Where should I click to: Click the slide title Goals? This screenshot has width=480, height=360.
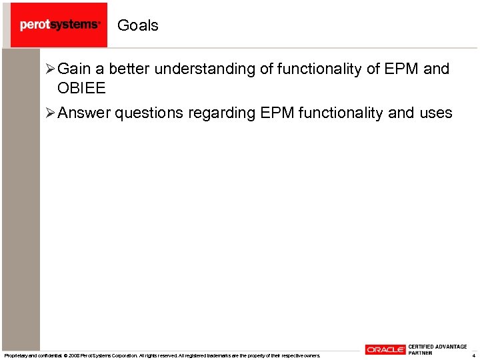pyautogui.click(x=138, y=25)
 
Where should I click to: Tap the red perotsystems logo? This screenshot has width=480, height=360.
pyautogui.click(x=59, y=25)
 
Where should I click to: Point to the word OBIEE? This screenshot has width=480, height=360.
pyautogui.click(x=82, y=88)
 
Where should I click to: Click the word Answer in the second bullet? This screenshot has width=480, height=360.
pyautogui.click(x=84, y=113)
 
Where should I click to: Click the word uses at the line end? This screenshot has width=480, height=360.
pyautogui.click(x=435, y=113)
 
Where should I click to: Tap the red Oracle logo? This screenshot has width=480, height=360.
pyautogui.click(x=385, y=350)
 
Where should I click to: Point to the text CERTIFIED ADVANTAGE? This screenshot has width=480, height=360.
pyautogui.click(x=437, y=347)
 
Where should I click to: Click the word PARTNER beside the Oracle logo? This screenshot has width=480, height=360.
pyautogui.click(x=420, y=353)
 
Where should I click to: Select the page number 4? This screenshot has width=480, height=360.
pyautogui.click(x=473, y=355)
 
